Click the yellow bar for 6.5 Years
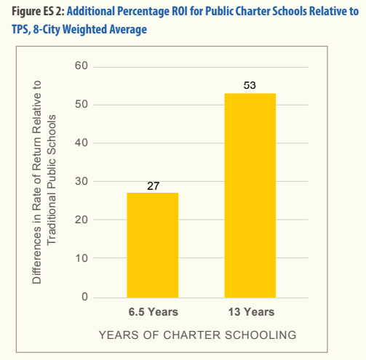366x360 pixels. tap(153, 245)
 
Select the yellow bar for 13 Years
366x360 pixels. tap(250, 196)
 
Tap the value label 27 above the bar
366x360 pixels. tap(153, 186)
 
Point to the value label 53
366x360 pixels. tap(250, 85)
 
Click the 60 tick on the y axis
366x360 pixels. tap(81, 65)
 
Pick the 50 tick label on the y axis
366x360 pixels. tap(81, 104)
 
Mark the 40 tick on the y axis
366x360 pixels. tap(81, 143)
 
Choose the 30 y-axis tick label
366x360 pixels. tap(81, 181)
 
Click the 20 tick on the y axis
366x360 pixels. tap(81, 220)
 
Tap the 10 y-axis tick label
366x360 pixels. tap(81, 258)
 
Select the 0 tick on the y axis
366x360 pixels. tap(84, 297)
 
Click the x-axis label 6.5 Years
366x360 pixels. tap(154, 312)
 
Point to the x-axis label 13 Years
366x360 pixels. tap(251, 312)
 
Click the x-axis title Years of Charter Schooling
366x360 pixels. tap(197, 335)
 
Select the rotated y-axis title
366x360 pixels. tap(44, 182)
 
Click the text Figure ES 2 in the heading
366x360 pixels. tap(39, 12)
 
